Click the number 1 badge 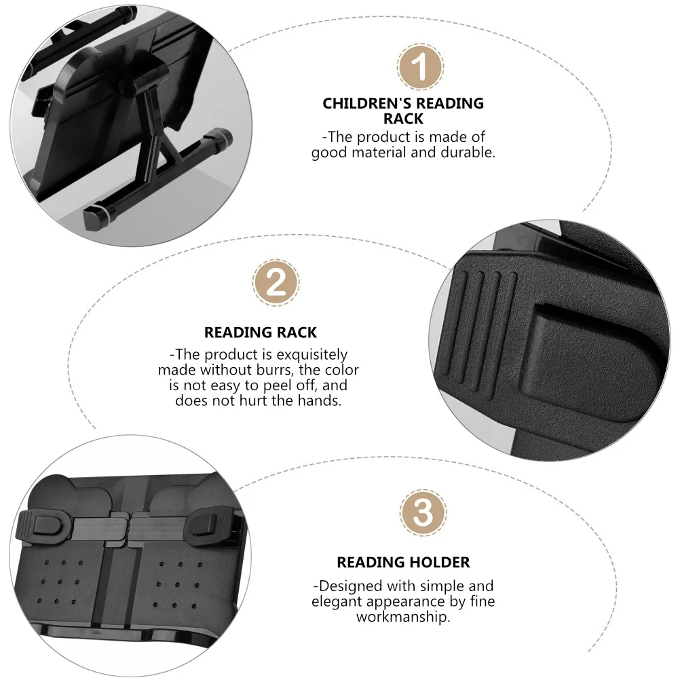click(421, 67)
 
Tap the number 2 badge click(276, 282)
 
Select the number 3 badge click(423, 512)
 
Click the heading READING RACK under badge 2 click(261, 333)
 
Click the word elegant click(340, 601)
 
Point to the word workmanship click(402, 618)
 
